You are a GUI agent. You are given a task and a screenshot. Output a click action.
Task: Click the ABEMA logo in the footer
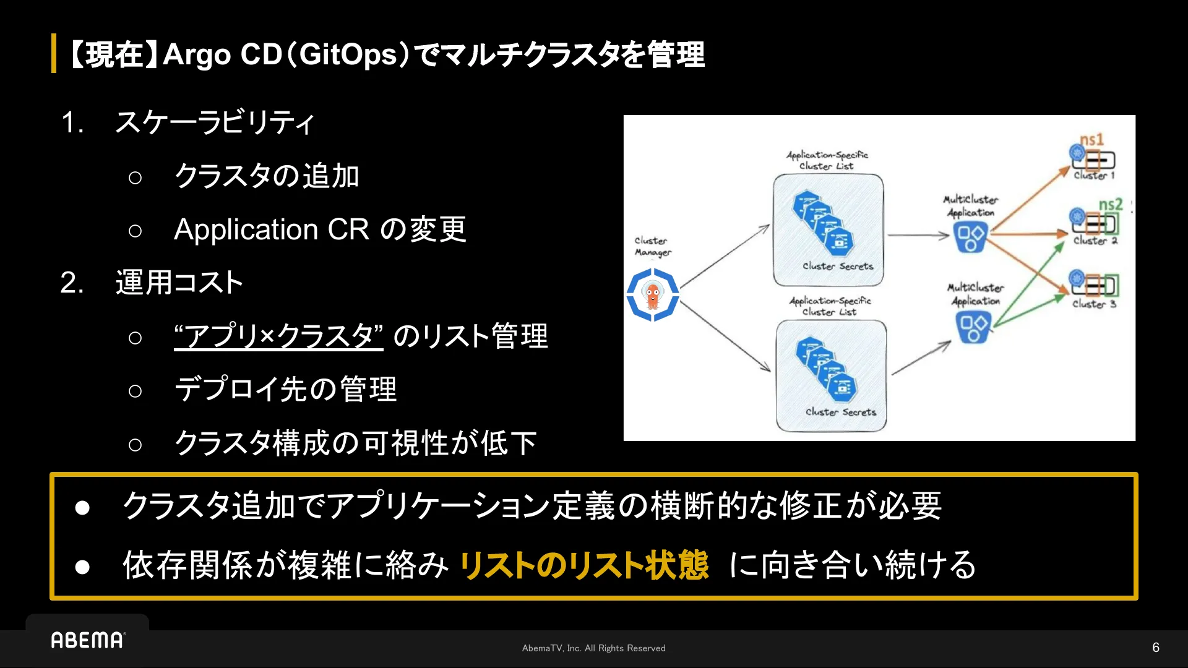[x=87, y=640]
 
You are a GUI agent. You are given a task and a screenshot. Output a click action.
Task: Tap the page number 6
[x=1155, y=648]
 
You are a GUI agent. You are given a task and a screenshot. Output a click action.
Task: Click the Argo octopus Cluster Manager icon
[x=653, y=295]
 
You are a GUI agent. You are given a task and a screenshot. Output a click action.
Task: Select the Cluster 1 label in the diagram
[x=1094, y=176]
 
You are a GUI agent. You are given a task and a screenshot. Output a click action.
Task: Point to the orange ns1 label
[x=1091, y=140]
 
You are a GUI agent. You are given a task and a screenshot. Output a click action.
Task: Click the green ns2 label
[x=1110, y=204]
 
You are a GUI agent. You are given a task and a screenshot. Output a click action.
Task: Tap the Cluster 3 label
[x=1094, y=304]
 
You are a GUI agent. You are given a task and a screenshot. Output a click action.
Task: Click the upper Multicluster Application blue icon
[x=970, y=238]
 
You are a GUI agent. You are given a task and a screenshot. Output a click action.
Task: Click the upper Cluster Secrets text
[x=838, y=266]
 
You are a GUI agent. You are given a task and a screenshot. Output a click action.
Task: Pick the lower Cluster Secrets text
[x=840, y=412]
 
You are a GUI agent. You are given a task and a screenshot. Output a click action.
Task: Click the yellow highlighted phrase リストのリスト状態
[x=583, y=565]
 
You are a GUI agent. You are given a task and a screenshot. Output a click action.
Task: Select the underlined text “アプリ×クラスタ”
[x=278, y=336]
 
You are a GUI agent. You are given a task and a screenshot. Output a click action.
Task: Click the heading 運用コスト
[x=179, y=283]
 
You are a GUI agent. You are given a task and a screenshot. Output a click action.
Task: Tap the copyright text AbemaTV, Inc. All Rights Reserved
[x=593, y=648]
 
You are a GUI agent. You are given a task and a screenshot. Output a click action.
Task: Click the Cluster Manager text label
[x=652, y=246]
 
